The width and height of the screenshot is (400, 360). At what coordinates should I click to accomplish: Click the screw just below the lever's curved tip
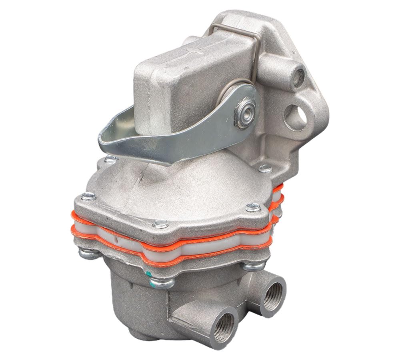pyautogui.click(x=111, y=160)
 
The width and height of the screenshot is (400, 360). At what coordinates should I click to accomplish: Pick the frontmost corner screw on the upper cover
pyautogui.click(x=161, y=224)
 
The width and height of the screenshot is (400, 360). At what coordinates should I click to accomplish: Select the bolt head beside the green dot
pyautogui.click(x=162, y=283)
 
